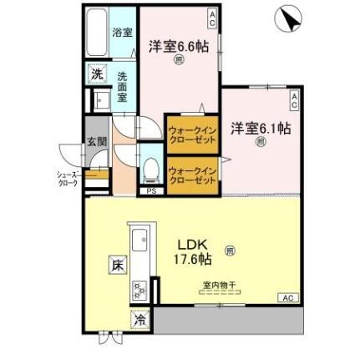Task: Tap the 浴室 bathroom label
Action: coord(122,33)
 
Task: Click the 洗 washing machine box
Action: coord(97,74)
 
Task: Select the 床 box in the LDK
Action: coord(116,265)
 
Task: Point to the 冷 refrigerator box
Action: coord(138,319)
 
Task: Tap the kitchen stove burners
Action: coord(138,291)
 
